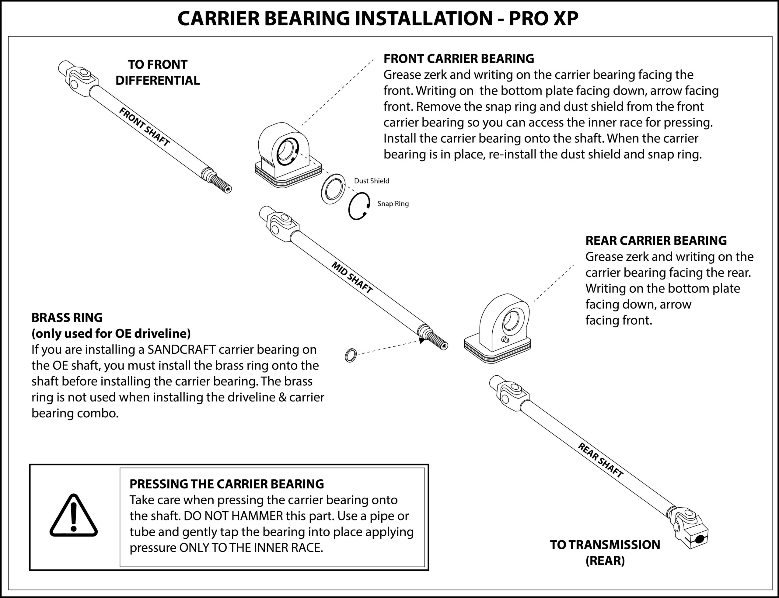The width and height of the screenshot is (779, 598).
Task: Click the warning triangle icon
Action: click(74, 516)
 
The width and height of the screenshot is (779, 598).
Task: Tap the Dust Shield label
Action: click(371, 181)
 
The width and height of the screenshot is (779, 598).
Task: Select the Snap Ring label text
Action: click(393, 203)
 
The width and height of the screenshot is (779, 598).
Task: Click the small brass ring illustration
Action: click(351, 355)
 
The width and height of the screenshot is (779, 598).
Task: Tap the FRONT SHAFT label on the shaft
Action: click(144, 127)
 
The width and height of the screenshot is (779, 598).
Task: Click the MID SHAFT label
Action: click(352, 278)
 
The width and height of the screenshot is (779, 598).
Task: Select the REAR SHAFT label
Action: click(600, 460)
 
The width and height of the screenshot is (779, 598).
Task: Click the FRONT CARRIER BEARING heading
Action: click(459, 59)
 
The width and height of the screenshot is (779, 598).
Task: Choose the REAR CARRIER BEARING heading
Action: click(656, 241)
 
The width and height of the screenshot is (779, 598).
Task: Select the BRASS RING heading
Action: click(67, 318)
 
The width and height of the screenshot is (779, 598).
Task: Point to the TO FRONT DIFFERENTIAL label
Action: click(157, 72)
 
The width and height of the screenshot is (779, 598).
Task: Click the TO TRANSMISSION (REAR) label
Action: click(605, 552)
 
